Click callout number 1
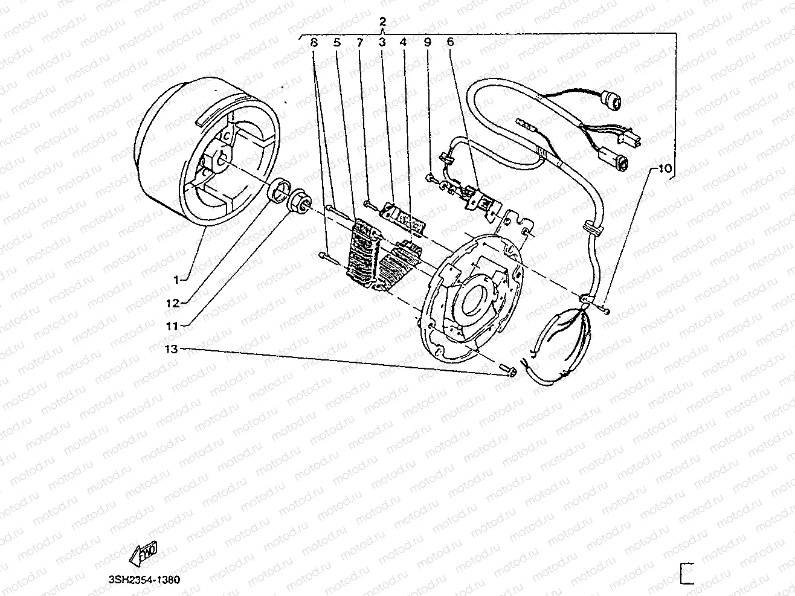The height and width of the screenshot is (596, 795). (176, 280)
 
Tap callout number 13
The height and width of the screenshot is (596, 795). (173, 348)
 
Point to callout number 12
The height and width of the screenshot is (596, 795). (173, 302)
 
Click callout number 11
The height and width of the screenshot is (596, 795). (173, 325)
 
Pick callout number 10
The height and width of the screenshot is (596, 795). (664, 169)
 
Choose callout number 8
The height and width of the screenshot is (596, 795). (313, 43)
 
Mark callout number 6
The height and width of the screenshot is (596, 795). (450, 43)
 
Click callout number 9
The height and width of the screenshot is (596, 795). (427, 43)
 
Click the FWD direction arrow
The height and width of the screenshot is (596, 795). (144, 551)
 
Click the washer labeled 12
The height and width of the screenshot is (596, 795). (278, 191)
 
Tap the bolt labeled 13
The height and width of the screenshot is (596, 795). (507, 371)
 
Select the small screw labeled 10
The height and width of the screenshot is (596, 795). (605, 310)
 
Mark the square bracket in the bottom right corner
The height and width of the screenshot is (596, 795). (686, 573)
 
